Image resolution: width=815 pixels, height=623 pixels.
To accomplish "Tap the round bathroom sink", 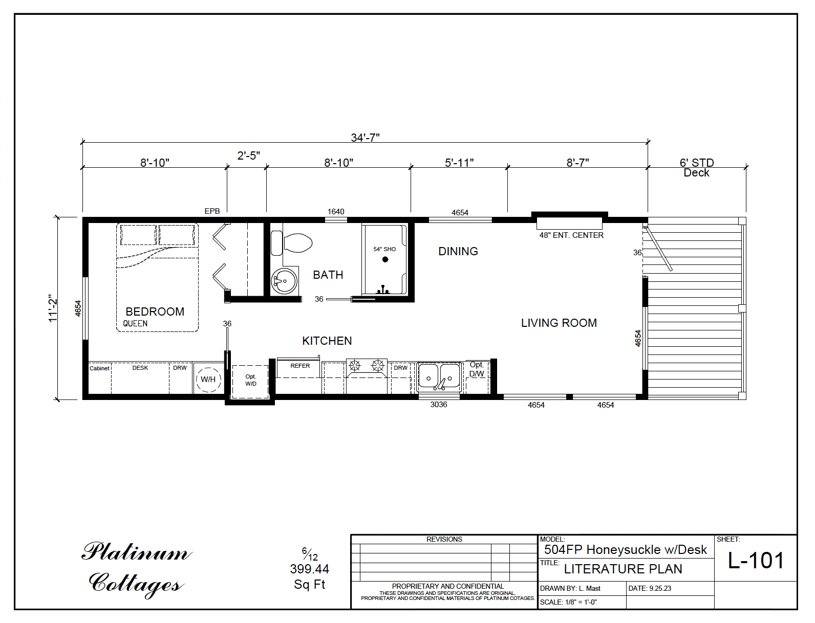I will (284, 281).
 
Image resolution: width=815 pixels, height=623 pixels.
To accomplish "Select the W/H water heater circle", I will (208, 380).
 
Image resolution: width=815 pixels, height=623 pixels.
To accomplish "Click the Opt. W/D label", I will (250, 380).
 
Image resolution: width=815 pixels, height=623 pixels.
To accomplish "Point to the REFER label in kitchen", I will (300, 366).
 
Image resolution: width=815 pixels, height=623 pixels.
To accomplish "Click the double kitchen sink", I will (439, 377).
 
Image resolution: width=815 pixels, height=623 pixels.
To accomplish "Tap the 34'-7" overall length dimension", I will (365, 138).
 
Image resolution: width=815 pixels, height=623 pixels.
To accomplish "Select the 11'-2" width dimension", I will (53, 308).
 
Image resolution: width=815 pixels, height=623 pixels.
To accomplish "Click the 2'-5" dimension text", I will (248, 155).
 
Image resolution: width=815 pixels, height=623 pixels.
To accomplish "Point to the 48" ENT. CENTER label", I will (571, 235).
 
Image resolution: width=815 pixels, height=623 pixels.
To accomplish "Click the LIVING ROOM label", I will (559, 323).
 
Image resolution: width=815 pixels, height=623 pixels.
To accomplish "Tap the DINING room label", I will (458, 252).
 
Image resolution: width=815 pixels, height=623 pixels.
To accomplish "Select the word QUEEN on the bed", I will (135, 324).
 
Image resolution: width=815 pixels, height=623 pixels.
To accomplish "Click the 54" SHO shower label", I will (384, 249).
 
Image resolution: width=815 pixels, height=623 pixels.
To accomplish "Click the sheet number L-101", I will (756, 561).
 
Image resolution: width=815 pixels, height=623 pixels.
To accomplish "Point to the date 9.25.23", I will (660, 588).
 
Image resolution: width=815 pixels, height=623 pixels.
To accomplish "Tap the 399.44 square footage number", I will (309, 569).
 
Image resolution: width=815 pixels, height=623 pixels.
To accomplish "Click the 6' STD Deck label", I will (696, 168).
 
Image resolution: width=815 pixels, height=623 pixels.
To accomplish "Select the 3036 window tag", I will (438, 405).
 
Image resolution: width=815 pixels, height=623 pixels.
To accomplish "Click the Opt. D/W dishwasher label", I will (477, 369).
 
